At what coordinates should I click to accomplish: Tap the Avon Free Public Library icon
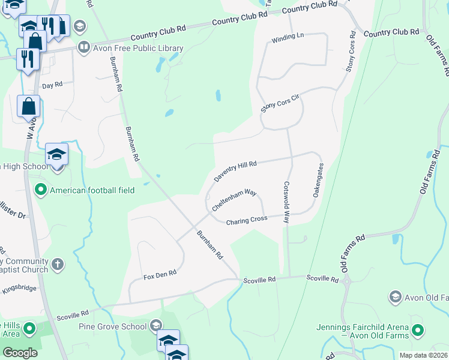pos(84,46)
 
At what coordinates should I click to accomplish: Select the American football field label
pos(92,190)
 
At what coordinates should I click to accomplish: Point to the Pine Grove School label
pos(113,326)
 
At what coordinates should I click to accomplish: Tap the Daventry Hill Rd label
pos(236,172)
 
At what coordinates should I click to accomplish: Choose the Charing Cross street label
pos(246,221)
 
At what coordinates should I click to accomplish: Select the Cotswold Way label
pos(286,203)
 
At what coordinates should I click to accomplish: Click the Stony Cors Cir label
pos(279,103)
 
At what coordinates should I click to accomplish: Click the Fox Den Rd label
pos(160,274)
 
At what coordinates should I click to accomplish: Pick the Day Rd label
pos(52,85)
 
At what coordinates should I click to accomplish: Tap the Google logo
pos(20,353)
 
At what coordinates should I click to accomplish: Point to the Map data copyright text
pos(423,355)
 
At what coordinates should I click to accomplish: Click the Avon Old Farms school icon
pos(395,297)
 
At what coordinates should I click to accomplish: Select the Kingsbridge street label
pos(19,289)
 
